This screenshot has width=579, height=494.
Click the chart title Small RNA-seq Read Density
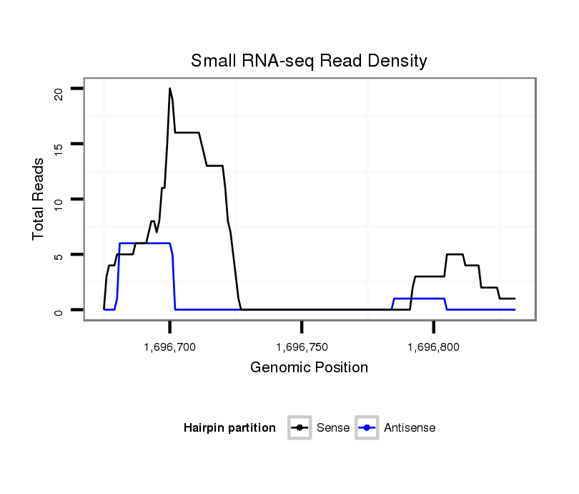(x=309, y=61)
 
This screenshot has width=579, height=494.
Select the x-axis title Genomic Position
(x=309, y=368)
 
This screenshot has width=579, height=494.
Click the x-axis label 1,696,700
(x=169, y=347)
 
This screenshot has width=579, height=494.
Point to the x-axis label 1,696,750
(x=302, y=347)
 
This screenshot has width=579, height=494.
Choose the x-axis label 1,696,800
(x=433, y=347)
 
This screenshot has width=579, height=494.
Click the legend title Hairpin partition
(x=229, y=428)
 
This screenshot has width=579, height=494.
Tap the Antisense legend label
(x=410, y=428)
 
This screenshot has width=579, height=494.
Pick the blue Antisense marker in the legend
(x=367, y=428)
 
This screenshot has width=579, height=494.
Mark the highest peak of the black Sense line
(x=169, y=88)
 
